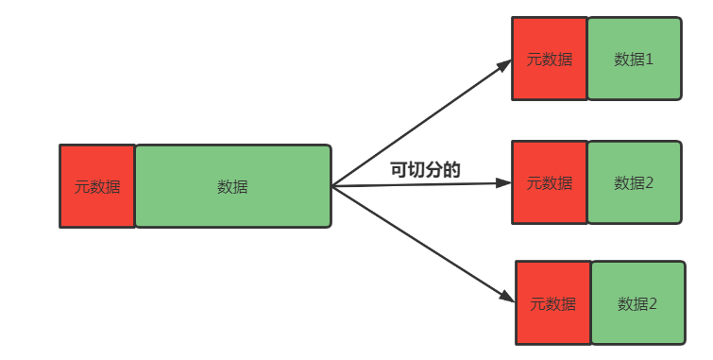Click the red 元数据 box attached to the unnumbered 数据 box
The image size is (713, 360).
click(x=97, y=186)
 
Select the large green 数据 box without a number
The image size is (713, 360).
click(x=232, y=186)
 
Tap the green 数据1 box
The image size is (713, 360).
click(x=634, y=59)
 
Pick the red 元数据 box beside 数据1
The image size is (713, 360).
click(x=549, y=59)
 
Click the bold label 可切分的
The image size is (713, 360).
click(x=425, y=170)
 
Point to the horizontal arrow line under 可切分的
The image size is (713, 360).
click(x=416, y=184)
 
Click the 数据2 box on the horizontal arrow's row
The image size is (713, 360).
click(x=634, y=182)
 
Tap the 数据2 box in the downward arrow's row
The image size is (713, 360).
click(x=637, y=303)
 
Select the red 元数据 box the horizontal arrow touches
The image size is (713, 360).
click(x=549, y=182)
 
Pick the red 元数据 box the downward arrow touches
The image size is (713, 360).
click(x=552, y=303)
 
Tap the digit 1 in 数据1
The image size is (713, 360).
click(x=650, y=59)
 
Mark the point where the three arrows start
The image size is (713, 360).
click(x=332, y=186)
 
